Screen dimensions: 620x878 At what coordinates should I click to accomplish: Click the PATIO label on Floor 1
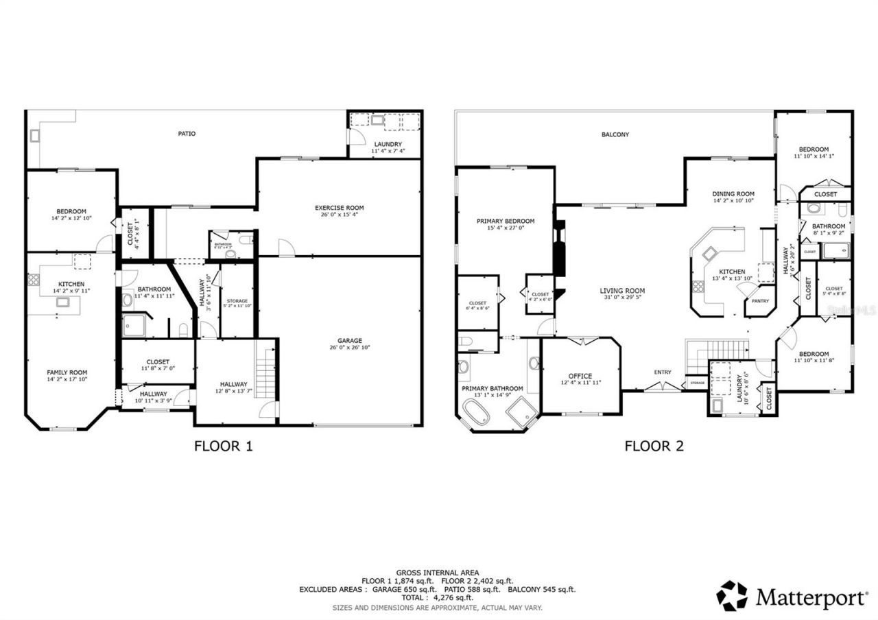187,134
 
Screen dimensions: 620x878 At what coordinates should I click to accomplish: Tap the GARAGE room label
349,341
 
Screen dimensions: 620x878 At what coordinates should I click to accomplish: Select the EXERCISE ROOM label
339,208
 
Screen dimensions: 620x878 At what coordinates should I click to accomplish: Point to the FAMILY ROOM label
67,372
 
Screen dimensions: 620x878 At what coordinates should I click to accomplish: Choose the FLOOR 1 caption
224,446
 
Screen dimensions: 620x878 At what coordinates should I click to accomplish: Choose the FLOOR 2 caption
654,446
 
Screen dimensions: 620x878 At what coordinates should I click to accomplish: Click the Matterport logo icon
732,595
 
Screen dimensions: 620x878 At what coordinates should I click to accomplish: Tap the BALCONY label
615,135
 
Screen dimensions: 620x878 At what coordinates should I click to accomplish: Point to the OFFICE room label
580,376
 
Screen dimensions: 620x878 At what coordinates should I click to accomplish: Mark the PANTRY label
759,301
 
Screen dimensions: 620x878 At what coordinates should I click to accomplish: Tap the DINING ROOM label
733,194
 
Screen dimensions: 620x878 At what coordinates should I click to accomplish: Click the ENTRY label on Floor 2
662,372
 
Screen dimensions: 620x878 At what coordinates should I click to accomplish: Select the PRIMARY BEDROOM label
505,222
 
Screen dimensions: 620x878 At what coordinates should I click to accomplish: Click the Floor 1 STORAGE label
237,301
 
